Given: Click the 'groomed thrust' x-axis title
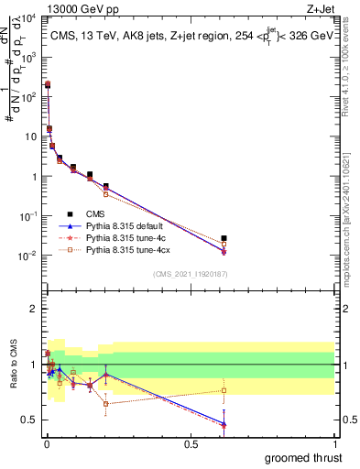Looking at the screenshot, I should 303,457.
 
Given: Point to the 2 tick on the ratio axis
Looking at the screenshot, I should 34,309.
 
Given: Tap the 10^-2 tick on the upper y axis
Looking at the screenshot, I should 27,255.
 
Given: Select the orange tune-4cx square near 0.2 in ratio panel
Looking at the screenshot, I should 106,403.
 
